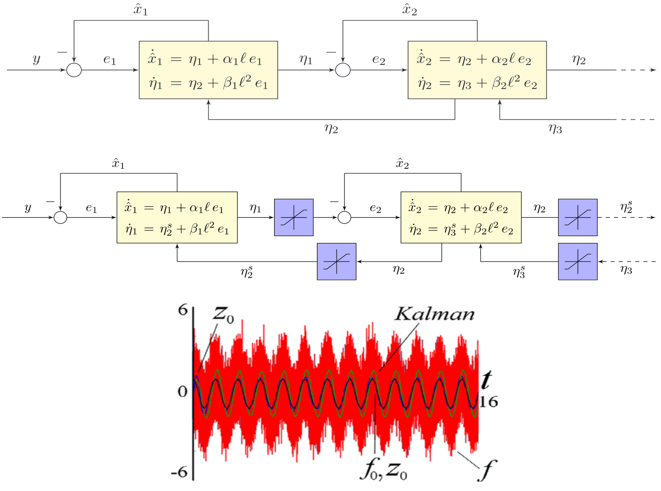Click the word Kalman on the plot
point(434,314)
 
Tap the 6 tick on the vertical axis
point(183,310)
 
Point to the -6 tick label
point(179,472)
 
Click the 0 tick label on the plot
point(183,391)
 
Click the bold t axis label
point(487,380)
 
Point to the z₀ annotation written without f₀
point(223,314)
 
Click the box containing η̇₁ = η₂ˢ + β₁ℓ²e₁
point(177,217)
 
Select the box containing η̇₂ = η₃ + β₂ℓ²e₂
point(477,70)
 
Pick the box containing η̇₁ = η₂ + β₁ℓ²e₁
point(208,70)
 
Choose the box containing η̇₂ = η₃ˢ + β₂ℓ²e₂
point(461,217)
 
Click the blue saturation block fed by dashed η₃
point(578,261)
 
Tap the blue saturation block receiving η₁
point(294,217)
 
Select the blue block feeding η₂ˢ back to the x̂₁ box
point(336,261)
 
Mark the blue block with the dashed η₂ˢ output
point(578,217)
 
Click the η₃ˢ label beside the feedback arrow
point(519,272)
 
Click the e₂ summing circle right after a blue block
point(344,217)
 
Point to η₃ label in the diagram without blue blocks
point(555,129)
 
